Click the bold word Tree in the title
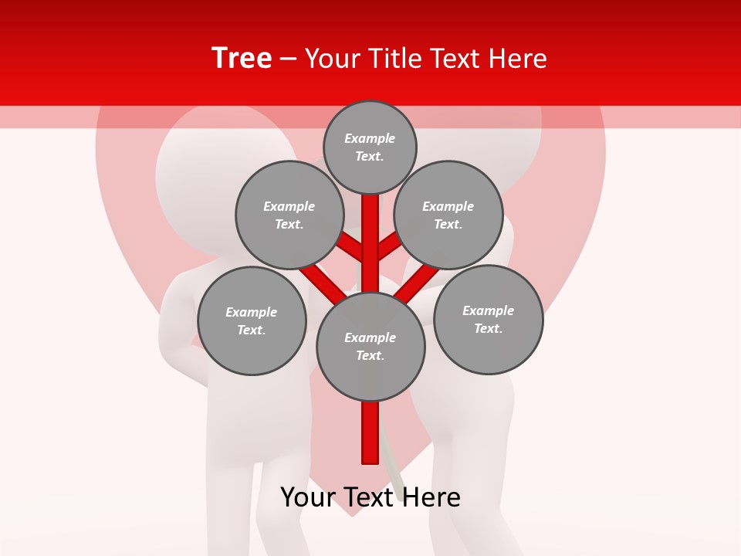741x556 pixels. [x=242, y=59]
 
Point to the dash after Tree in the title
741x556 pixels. [x=288, y=59]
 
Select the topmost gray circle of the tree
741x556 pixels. [x=370, y=147]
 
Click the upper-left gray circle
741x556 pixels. [x=289, y=215]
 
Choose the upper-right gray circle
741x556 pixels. [x=448, y=215]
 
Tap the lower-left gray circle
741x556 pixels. [x=251, y=320]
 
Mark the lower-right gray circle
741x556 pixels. [x=488, y=319]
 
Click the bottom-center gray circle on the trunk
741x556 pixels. [x=370, y=347]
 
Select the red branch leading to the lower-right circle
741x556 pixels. [x=418, y=283]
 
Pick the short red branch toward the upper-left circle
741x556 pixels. [x=350, y=247]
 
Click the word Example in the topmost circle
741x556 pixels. [x=370, y=138]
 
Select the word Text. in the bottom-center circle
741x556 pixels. [x=370, y=356]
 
